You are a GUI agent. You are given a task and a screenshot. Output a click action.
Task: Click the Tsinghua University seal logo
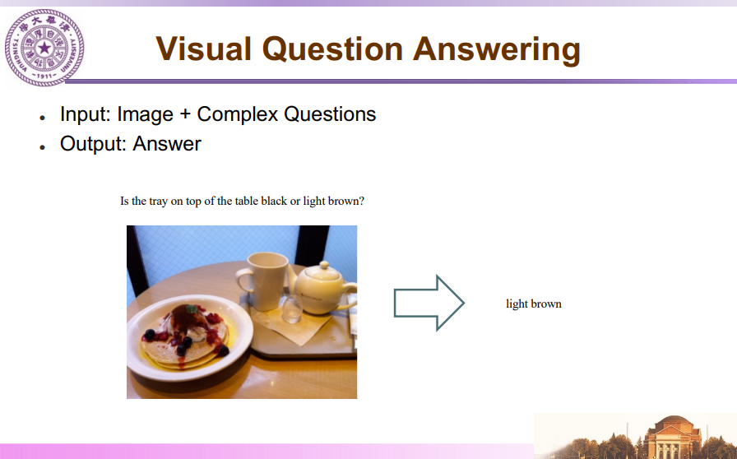(x=44, y=48)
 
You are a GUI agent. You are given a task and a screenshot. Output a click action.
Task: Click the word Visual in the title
(x=203, y=49)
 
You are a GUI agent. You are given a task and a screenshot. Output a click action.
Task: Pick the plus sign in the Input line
(x=185, y=115)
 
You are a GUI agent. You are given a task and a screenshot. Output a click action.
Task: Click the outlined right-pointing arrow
(x=429, y=303)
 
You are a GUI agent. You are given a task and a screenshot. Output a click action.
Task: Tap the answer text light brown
(x=534, y=304)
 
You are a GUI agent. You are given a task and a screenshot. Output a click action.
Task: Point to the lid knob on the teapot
(x=324, y=265)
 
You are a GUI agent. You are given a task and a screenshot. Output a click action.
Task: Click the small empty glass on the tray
(x=291, y=308)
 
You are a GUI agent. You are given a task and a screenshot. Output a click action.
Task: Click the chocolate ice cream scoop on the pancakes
(x=186, y=319)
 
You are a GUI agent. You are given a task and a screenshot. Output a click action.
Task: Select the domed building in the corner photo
(x=673, y=437)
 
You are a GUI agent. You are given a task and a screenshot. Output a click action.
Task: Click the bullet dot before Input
(x=42, y=118)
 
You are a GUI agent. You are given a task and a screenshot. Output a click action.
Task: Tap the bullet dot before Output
(x=42, y=147)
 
